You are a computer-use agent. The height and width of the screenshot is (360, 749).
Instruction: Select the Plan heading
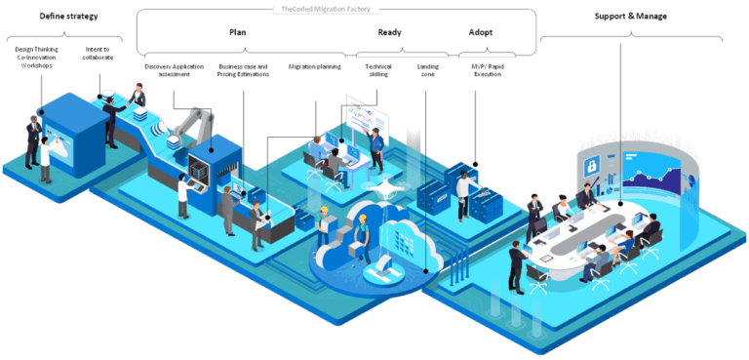[237, 32]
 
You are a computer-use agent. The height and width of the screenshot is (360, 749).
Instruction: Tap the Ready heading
[389, 32]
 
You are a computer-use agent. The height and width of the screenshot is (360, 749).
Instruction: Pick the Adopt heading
[481, 32]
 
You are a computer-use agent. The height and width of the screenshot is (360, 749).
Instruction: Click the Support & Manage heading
[630, 16]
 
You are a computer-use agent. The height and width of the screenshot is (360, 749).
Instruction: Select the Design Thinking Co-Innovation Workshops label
[37, 56]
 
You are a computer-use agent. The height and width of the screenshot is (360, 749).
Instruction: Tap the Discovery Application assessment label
[173, 70]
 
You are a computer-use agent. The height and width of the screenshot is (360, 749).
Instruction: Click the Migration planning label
[314, 66]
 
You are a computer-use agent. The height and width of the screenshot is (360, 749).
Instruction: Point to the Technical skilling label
[378, 70]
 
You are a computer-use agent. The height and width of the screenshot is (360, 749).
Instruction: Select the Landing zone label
[427, 70]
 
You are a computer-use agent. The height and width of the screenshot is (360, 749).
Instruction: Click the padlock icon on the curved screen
[592, 169]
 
